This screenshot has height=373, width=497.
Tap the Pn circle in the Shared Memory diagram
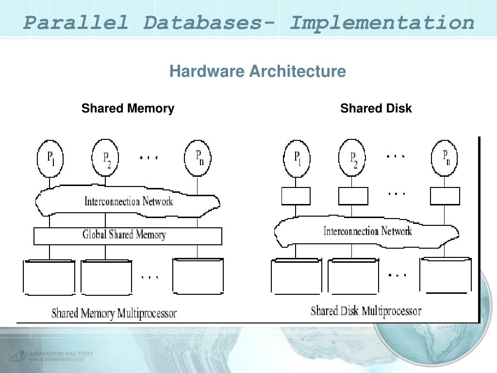coord(198,156)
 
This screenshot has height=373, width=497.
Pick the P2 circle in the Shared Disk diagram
coord(353,158)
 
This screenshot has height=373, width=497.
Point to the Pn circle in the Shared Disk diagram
coord(445,157)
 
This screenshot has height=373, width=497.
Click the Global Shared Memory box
coord(128,236)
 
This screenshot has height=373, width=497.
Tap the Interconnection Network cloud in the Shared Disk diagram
coord(367,232)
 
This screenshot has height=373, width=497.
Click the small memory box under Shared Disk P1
coord(296,196)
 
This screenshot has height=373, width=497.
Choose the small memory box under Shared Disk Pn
coord(445,196)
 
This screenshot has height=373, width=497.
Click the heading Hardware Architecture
coord(258,71)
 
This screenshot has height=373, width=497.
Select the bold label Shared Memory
coord(128,108)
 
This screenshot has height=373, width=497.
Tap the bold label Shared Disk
coord(376,108)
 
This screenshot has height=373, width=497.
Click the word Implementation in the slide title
coord(381,22)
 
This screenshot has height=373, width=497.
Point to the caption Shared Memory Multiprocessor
coord(114,313)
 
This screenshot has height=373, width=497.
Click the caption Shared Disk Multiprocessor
coord(366,311)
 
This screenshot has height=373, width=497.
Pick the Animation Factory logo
coord(51,356)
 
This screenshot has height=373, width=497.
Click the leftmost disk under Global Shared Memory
coord(49,278)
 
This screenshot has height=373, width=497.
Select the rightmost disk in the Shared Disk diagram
coord(446,275)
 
